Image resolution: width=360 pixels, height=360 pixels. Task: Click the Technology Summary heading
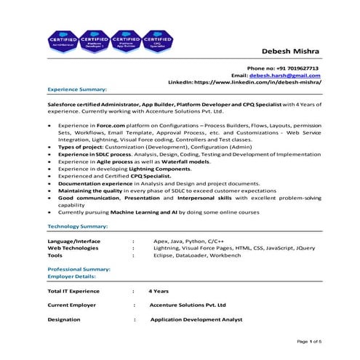78,228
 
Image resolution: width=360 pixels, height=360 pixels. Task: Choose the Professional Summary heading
79,269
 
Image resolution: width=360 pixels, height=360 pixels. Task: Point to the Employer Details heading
71,276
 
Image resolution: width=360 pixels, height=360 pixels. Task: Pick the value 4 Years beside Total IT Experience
159,291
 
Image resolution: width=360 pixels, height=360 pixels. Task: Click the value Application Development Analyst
196,319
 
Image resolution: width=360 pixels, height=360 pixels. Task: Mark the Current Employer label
72,305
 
